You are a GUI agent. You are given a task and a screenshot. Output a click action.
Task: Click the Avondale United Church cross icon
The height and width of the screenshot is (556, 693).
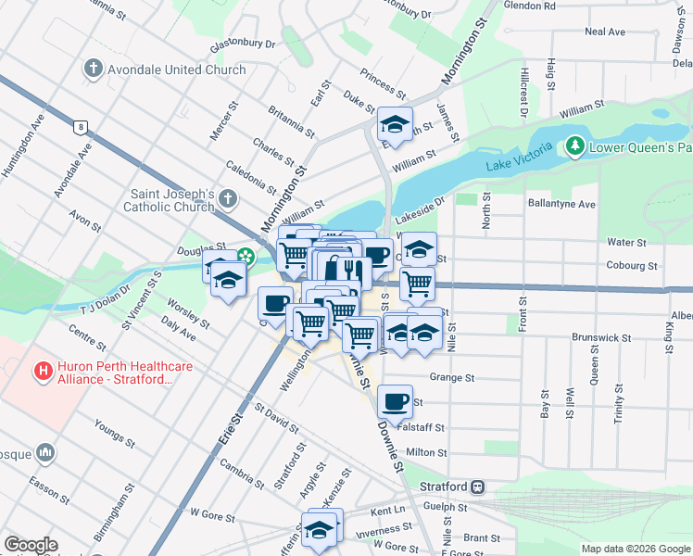click(92, 69)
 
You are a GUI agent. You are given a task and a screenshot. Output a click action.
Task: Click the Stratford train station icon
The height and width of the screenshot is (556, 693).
click(478, 486)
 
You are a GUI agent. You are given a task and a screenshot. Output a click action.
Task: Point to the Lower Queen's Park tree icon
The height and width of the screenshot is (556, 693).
click(574, 146)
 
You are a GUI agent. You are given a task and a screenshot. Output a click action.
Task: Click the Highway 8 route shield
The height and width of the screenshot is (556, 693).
click(82, 126)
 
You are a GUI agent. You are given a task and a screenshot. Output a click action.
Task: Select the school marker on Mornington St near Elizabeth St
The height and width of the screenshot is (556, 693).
click(395, 126)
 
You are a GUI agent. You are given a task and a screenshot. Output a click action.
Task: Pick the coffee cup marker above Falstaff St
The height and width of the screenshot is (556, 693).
click(395, 401)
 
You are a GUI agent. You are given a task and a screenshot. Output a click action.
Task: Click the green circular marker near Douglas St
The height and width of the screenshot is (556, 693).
click(247, 257)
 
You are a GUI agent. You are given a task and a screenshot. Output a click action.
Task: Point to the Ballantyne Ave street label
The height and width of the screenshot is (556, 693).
click(560, 203)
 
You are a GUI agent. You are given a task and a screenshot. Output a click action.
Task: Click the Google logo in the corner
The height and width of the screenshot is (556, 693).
click(31, 545)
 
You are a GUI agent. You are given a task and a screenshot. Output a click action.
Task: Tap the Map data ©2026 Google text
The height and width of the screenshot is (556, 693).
click(635, 549)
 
